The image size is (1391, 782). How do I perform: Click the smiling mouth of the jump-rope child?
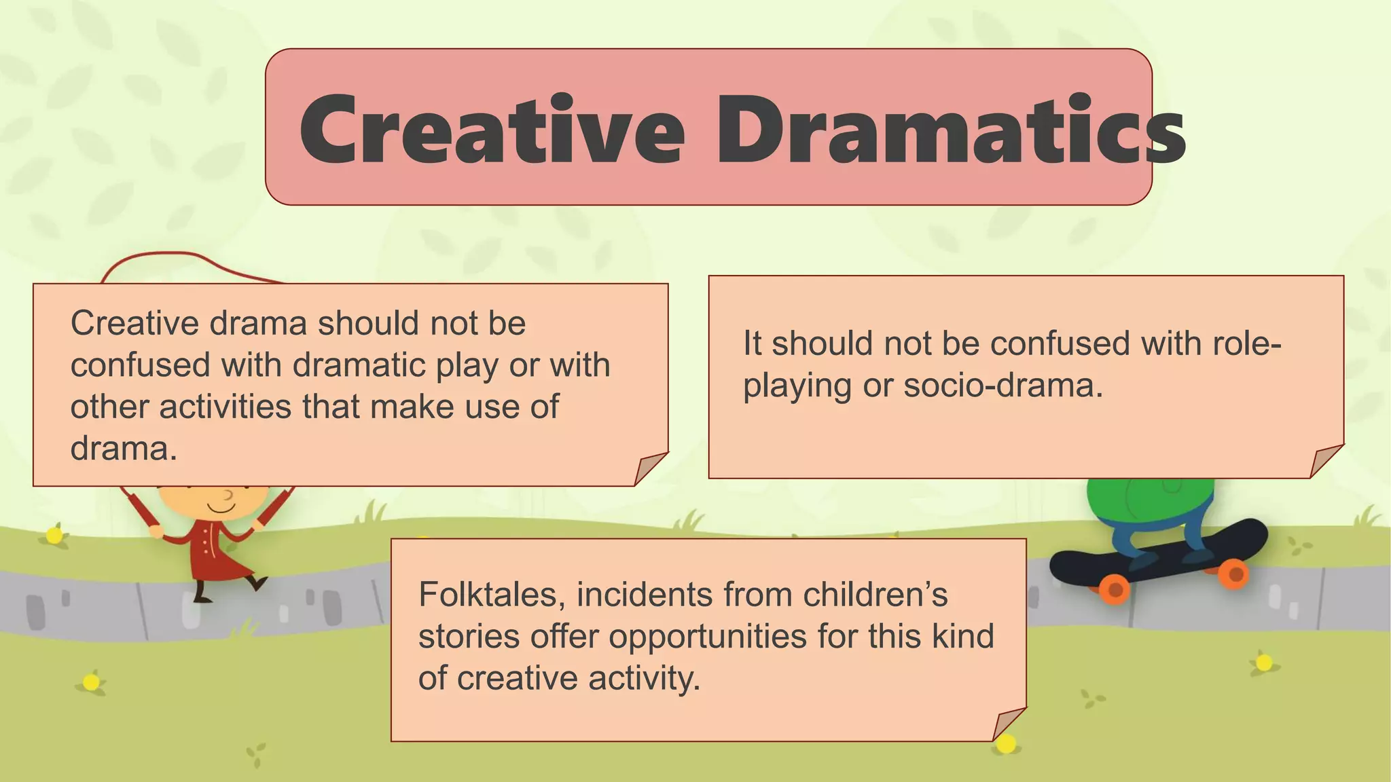click(221, 508)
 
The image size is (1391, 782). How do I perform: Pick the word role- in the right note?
click(1246, 343)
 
